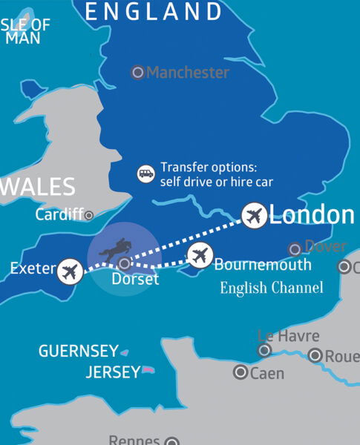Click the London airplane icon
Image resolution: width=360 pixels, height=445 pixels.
point(254,217)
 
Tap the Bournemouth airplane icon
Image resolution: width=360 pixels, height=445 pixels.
point(199,256)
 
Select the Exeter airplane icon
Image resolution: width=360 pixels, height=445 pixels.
point(70,271)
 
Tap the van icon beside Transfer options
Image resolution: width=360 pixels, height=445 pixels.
point(145,174)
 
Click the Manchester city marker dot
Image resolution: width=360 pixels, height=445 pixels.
point(137,73)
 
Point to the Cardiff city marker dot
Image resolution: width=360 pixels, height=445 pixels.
point(89,215)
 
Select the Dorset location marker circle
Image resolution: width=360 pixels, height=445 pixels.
point(125,263)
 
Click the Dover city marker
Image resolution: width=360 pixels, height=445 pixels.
point(295,249)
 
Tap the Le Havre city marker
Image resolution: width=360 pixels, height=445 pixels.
point(264,350)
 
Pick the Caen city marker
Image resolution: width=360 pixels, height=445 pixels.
point(240,372)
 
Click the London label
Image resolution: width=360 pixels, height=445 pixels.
point(312,215)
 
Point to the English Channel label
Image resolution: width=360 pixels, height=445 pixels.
point(272,288)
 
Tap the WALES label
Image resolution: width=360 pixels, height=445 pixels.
point(37,186)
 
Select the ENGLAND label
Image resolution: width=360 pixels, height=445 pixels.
point(154,12)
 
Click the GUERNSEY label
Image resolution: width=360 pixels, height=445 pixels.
point(78,351)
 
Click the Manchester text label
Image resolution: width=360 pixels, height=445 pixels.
point(188,73)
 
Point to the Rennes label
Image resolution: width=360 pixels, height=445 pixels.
point(134,439)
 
